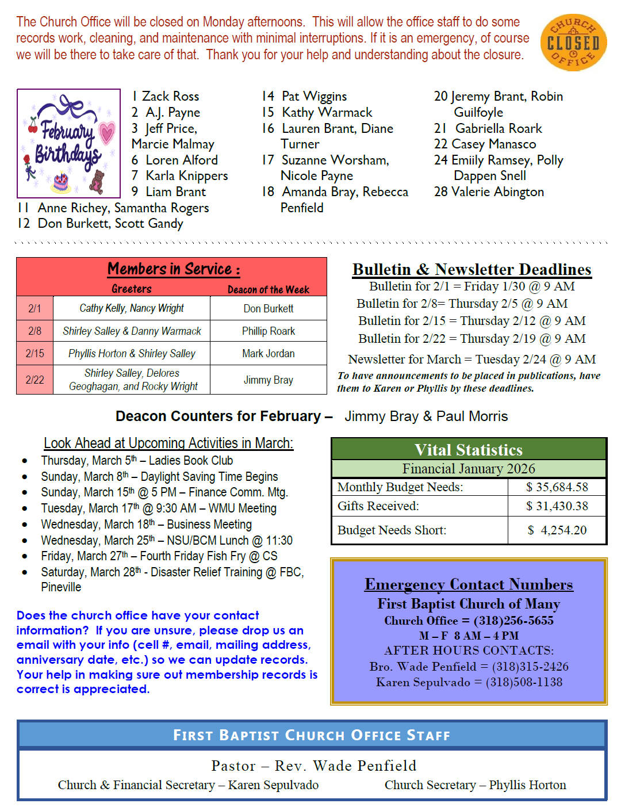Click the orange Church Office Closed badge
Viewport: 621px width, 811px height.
573,43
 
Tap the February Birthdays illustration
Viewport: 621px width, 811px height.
68,143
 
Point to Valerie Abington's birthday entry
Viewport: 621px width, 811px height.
489,192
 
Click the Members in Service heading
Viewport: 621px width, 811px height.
173,269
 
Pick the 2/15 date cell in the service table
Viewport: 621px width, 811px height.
34,353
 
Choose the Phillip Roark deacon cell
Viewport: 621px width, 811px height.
268,331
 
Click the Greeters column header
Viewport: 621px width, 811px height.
132,289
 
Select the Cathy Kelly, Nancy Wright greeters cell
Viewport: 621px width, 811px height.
132,308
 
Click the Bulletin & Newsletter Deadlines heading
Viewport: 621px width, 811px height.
471,269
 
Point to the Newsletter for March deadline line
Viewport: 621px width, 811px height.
471,359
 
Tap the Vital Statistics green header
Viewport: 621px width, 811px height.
469,449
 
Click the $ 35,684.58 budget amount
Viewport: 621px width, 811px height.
557,487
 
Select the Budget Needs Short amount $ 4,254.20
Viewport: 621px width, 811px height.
557,530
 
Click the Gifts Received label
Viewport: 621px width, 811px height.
378,506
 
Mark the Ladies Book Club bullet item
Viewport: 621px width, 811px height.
137,460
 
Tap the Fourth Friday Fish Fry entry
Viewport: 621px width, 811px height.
159,556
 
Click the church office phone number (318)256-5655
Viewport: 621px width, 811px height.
513,621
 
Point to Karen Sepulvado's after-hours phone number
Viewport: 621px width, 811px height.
524,682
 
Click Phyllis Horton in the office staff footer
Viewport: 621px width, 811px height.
527,785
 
